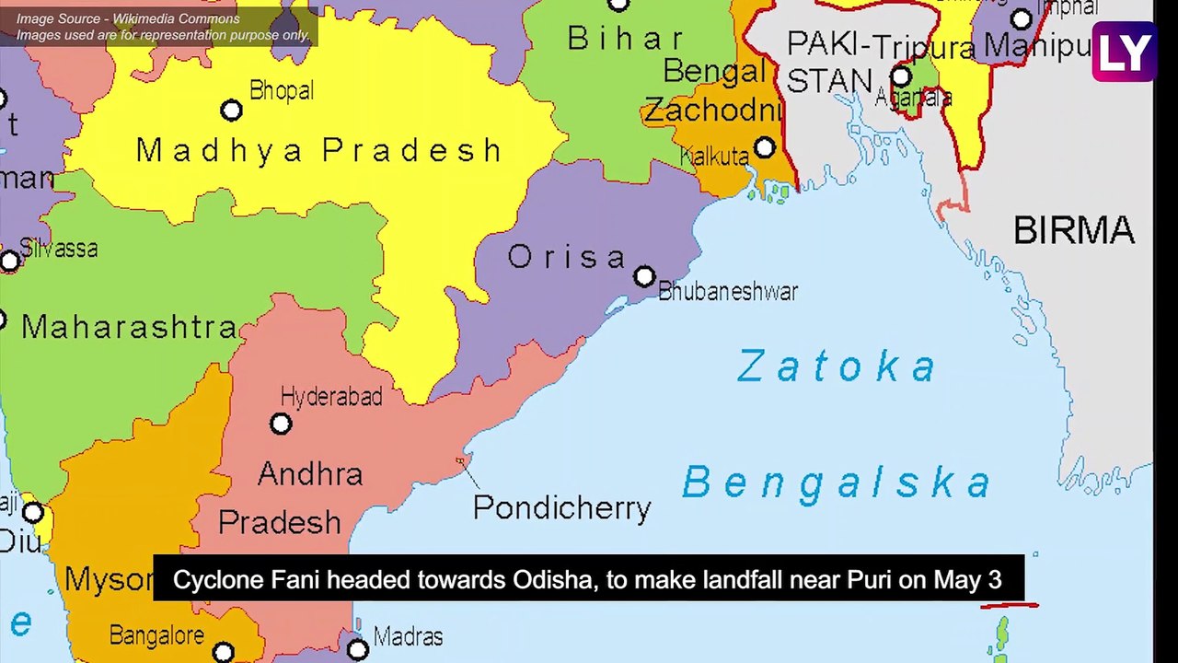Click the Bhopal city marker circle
[x=231, y=110]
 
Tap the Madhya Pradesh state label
[x=319, y=150]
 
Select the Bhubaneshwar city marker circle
[x=644, y=276]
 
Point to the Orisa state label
[x=567, y=257]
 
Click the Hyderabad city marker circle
[x=281, y=424]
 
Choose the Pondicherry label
[x=561, y=507]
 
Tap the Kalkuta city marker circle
[x=765, y=147]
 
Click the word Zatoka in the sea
[x=837, y=366]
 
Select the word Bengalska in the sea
[x=837, y=483]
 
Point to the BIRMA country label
[x=1073, y=230]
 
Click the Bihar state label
[x=626, y=39]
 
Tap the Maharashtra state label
[x=130, y=327]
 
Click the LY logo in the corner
[x=1125, y=52]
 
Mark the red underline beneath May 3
[x=1009, y=606]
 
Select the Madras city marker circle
[x=358, y=650]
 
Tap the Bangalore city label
[x=157, y=635]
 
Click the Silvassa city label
[x=59, y=249]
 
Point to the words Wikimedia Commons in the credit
[x=176, y=18]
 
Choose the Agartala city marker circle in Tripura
[x=901, y=76]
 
